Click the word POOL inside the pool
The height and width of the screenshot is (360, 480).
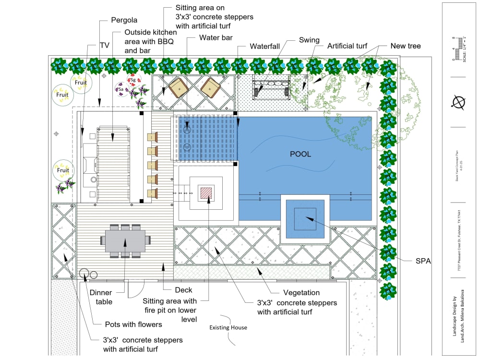click(300, 154)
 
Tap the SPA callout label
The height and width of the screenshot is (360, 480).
click(423, 261)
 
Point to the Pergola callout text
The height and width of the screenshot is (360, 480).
click(124, 20)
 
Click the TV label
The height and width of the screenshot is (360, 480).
click(104, 45)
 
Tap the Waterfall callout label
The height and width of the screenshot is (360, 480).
click(267, 47)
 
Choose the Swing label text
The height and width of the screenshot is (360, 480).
click(309, 40)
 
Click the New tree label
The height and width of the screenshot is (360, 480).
click(405, 46)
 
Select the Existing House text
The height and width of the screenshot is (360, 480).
click(228, 327)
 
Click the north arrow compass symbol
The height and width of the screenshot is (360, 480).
click(460, 102)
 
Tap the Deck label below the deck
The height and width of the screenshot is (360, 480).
click(183, 289)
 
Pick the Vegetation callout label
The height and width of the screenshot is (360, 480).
click(301, 292)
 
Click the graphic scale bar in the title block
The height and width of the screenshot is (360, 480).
click(459, 49)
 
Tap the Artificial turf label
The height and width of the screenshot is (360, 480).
click(347, 46)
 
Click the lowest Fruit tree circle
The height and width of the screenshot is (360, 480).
click(63, 170)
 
